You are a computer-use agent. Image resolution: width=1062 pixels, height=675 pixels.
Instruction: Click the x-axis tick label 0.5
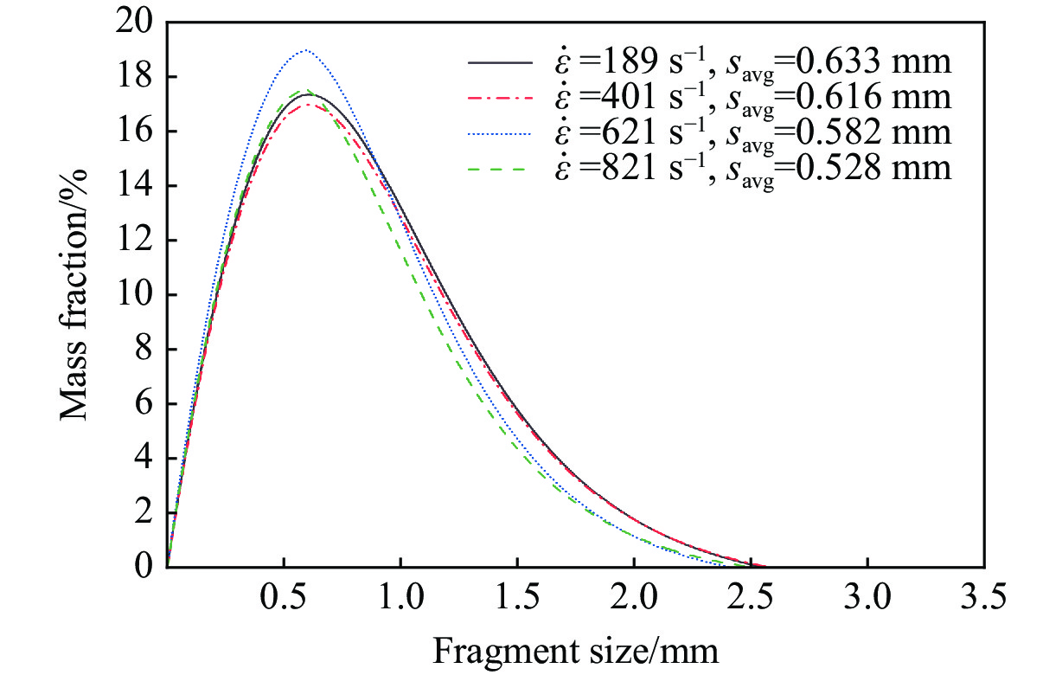tap(284, 597)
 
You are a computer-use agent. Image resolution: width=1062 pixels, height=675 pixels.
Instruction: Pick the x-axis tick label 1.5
tap(517, 597)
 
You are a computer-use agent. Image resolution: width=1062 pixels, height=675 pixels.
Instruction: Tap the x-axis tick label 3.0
tap(867, 597)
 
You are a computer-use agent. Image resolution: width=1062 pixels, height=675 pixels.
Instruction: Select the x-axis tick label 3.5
tap(984, 597)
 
